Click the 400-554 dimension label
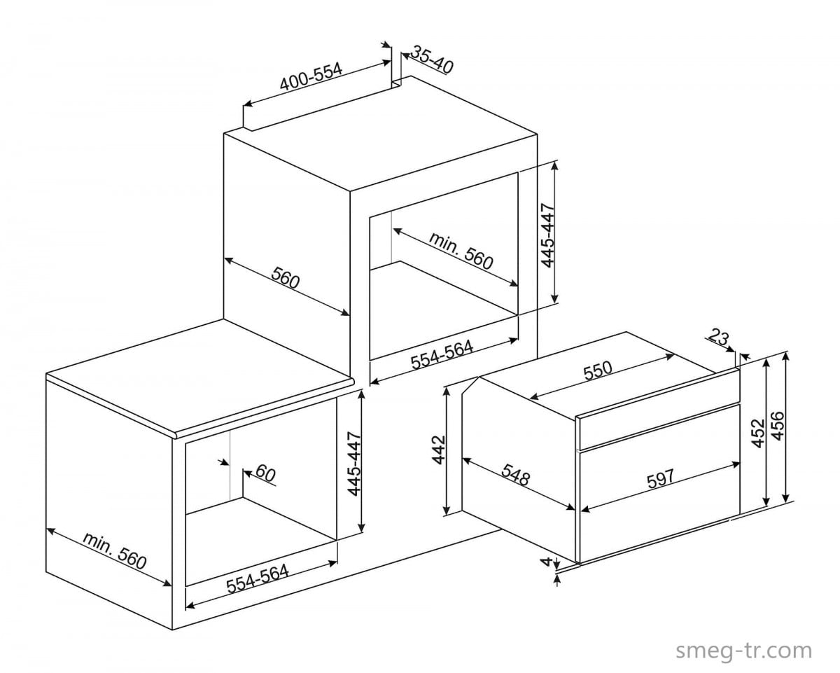(311, 76)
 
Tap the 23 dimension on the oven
(719, 337)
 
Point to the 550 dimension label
(598, 370)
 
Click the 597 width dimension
(660, 479)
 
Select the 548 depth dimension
(516, 475)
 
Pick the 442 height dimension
(439, 450)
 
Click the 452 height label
(757, 433)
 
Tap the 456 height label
(777, 426)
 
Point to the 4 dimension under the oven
(546, 562)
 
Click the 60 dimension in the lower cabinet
(266, 473)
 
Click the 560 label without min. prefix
(286, 277)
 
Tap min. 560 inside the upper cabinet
(461, 251)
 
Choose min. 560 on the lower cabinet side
(114, 550)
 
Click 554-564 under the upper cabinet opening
(442, 355)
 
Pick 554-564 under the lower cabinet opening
(258, 578)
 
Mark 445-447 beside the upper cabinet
(548, 235)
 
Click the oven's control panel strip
(659, 426)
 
